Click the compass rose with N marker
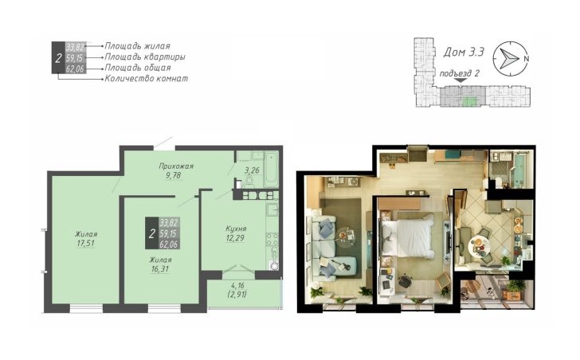[x=510, y=58]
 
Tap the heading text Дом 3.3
[x=464, y=52]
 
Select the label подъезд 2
[x=459, y=73]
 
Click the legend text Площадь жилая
[x=137, y=46]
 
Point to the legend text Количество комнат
[x=147, y=78]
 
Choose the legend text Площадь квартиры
[x=145, y=57]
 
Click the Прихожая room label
[x=176, y=166]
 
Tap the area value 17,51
[x=85, y=243]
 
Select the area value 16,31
[x=160, y=269]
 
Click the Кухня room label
[x=236, y=229]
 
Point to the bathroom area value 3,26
[x=252, y=170]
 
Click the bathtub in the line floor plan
[x=271, y=170]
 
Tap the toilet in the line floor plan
[x=249, y=182]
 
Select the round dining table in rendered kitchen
[x=479, y=245]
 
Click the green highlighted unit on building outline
[x=468, y=101]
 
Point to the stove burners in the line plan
[x=272, y=239]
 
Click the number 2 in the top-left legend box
[x=58, y=58]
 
